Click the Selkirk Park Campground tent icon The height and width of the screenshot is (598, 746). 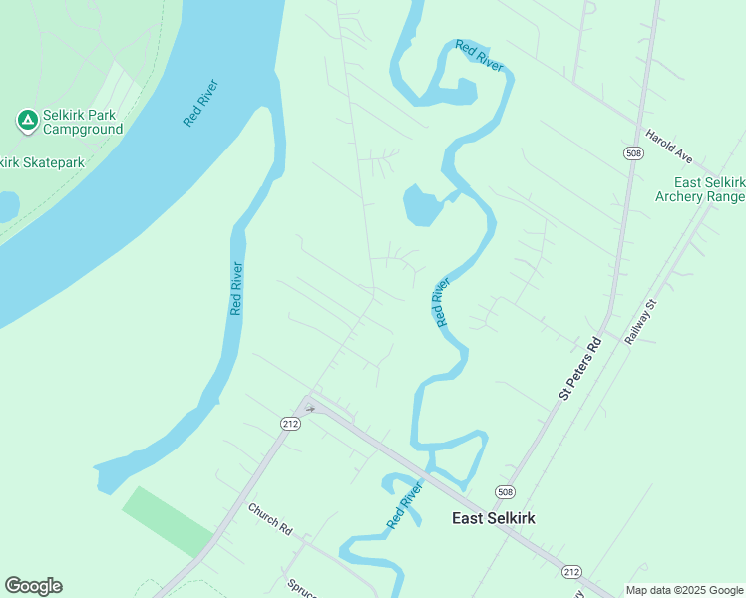click(x=28, y=121)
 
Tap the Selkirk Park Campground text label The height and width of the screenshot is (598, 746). click(x=83, y=122)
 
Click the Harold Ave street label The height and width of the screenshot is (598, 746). click(x=668, y=146)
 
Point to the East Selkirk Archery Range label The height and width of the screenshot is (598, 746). click(x=709, y=189)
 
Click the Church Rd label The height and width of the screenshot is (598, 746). click(x=269, y=518)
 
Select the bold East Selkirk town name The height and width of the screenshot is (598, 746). click(x=496, y=517)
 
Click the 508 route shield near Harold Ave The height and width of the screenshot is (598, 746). click(x=634, y=153)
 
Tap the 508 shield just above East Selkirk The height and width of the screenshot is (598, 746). click(x=506, y=492)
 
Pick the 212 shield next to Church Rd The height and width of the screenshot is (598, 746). click(x=290, y=424)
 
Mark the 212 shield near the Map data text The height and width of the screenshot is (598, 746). click(x=571, y=571)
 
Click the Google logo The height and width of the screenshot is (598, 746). click(x=33, y=585)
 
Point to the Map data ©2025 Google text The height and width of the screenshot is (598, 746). click(x=685, y=590)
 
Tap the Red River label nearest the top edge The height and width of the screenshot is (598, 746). click(x=479, y=55)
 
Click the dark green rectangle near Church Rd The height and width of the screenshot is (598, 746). click(x=168, y=521)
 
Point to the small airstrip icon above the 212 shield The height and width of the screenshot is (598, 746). click(x=310, y=407)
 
